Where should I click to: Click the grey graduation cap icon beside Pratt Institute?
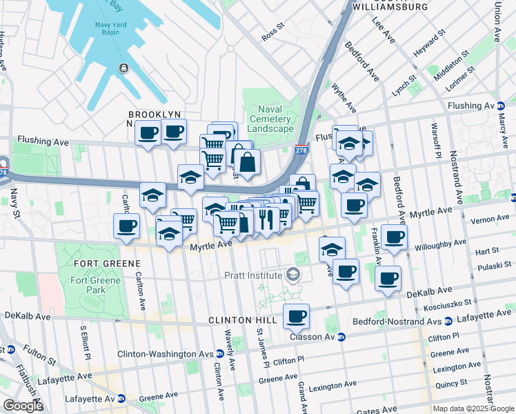[x=293, y=275]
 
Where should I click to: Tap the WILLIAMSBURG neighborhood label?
[x=390, y=7]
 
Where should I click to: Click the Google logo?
[x=23, y=406]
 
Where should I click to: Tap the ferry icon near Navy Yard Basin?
[x=123, y=68]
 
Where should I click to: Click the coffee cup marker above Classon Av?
[x=296, y=316]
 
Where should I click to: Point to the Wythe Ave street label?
[x=344, y=99]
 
